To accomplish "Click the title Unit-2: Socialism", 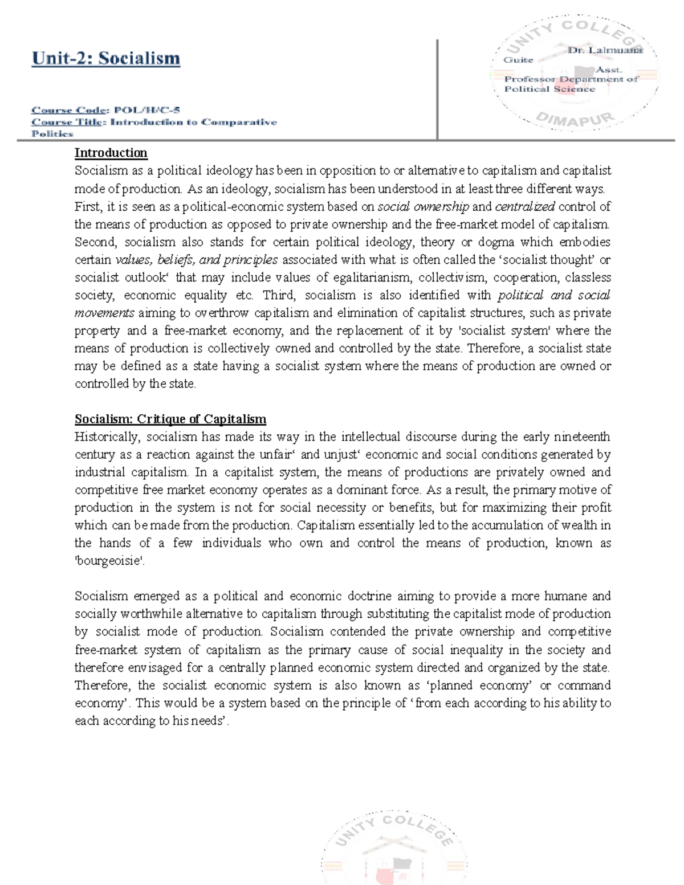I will [x=106, y=59].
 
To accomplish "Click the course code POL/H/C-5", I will [x=146, y=110].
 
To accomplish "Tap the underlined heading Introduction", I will [x=111, y=153].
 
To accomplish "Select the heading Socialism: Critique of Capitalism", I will [x=170, y=419].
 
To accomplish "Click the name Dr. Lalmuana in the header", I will [x=605, y=50].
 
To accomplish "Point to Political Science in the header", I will [x=549, y=89].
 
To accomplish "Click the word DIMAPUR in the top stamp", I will [x=575, y=119].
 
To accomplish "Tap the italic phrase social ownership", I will [x=424, y=206].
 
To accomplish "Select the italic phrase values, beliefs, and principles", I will [x=197, y=260].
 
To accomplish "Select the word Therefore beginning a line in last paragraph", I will [x=98, y=686].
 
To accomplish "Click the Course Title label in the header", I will [x=66, y=122].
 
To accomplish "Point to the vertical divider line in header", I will [x=437, y=89].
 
